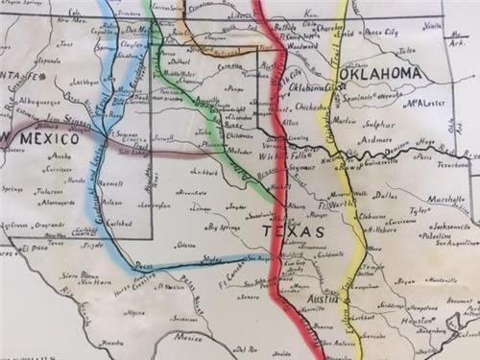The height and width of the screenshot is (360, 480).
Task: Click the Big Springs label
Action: point(223,228)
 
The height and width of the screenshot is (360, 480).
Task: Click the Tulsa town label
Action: point(407,50)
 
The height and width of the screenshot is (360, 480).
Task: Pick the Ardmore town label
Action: point(376,140)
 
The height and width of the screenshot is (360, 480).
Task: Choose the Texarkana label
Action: point(452,164)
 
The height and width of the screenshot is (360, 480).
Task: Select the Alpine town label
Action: point(135,312)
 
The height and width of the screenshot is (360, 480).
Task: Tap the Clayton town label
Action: point(132,43)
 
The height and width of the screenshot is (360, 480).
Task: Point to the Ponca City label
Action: point(378,32)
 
